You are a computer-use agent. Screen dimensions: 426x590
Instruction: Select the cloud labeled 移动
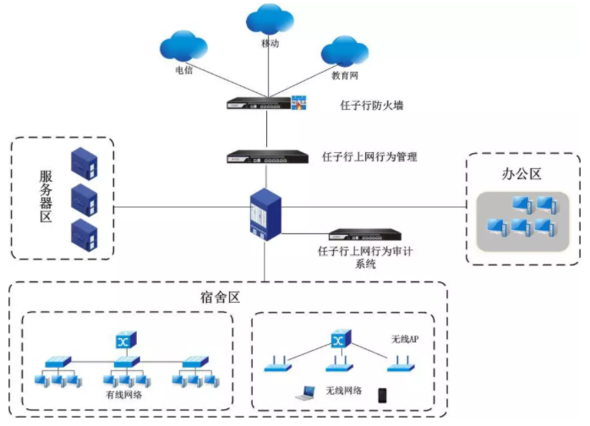(x=270, y=20)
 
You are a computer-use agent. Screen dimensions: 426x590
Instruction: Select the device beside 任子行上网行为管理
(x=265, y=157)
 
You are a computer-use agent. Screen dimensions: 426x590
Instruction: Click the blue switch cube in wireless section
(x=339, y=340)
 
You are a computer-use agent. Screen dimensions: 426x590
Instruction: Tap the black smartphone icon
(x=382, y=395)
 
